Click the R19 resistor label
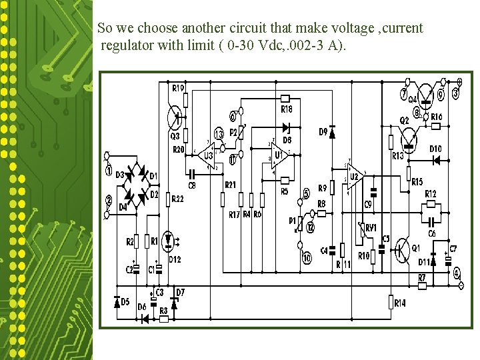[178, 88]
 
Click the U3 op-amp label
[208, 156]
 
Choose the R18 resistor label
[287, 109]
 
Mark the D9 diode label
[323, 132]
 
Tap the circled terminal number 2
[108, 199]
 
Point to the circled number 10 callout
[306, 258]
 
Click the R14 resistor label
[400, 303]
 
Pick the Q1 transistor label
[417, 247]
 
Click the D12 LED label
[175, 259]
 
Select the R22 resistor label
[177, 199]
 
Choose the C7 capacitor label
[453, 249]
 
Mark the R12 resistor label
[431, 194]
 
